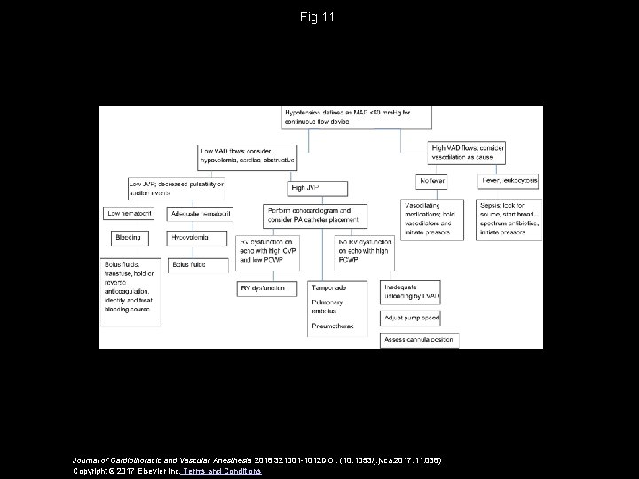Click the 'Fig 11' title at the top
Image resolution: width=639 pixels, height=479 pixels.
319,17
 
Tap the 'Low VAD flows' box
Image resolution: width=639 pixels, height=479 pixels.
239,157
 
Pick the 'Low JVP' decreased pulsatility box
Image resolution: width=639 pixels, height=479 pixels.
176,187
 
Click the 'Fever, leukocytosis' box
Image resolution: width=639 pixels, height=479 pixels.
509,181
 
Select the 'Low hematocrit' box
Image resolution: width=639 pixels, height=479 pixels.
131,214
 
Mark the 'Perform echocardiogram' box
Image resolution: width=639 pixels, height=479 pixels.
314,215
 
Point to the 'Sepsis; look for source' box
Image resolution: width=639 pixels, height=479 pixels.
509,218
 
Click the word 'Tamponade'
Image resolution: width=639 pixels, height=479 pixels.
328,288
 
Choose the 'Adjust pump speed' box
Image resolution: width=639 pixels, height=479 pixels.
410,317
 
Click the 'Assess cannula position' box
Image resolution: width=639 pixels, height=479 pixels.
419,340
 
